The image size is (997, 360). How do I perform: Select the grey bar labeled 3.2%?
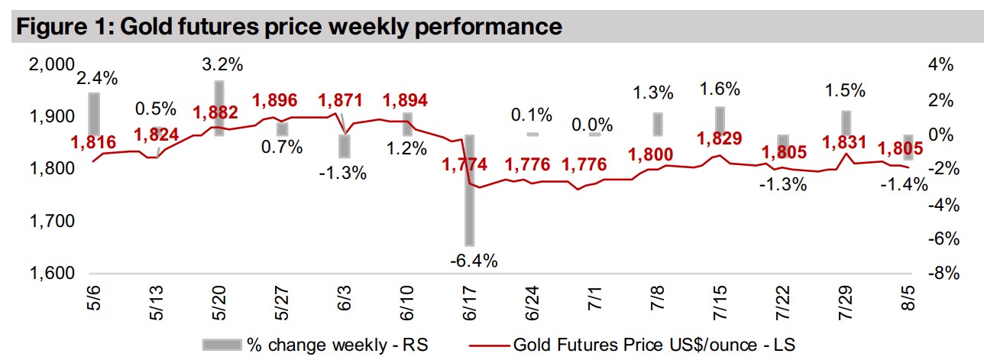click(x=218, y=108)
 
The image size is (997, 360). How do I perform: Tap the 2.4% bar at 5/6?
click(x=94, y=114)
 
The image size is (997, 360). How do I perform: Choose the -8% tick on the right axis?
click(x=941, y=274)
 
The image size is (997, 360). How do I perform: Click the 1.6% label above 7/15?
click(x=720, y=89)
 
